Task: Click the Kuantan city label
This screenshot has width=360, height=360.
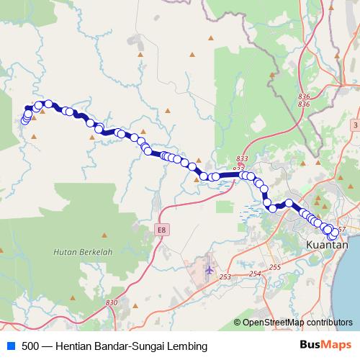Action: pos(327,245)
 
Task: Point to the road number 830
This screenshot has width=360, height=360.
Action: pos(110,302)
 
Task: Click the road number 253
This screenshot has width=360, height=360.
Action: pos(225,277)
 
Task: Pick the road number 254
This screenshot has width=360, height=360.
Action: pos(254,274)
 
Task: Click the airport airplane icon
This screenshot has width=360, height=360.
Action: pos(210,270)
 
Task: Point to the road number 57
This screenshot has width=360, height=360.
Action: pos(341,230)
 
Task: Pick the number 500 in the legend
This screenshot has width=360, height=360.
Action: pos(30,346)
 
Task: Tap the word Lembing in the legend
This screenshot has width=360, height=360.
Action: pos(177,346)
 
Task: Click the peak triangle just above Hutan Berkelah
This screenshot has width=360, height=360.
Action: pos(105,235)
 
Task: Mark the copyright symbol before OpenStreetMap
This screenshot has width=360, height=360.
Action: pos(238,323)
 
